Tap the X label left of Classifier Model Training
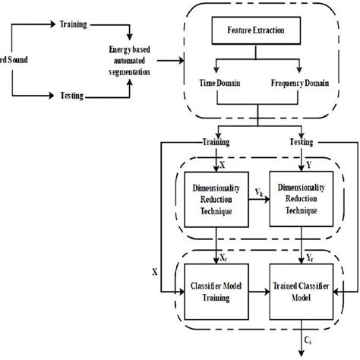(156, 270)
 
